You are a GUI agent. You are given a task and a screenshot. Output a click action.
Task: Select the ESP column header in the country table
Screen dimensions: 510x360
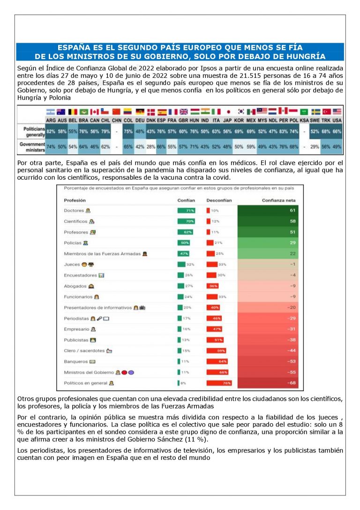click(x=162, y=120)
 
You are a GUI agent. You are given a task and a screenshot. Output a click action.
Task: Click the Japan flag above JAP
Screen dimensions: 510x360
click(x=228, y=112)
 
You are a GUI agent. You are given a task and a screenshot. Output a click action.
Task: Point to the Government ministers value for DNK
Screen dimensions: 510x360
click(x=150, y=147)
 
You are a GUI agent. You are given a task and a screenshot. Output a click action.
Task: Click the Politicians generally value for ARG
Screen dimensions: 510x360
click(x=51, y=131)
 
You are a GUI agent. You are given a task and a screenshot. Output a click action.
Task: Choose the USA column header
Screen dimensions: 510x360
click(x=337, y=120)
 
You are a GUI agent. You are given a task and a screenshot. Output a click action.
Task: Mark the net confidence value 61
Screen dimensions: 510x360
click(x=292, y=211)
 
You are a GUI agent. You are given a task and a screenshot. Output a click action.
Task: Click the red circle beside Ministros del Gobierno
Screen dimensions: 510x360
click(x=124, y=372)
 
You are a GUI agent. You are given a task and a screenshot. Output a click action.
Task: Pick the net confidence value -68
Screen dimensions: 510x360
click(x=291, y=383)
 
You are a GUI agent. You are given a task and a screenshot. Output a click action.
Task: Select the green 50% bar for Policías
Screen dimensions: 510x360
click(x=183, y=243)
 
